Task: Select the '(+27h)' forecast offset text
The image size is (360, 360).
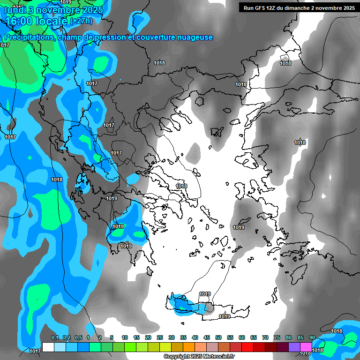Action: (x=81, y=21)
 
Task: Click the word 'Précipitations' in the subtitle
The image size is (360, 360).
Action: (x=29, y=37)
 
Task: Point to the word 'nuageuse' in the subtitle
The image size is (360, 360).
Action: (x=195, y=37)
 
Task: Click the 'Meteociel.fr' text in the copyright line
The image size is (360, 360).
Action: (x=218, y=357)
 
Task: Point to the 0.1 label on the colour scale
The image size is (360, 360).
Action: (x=54, y=338)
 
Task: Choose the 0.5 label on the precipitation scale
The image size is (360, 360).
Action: (x=78, y=338)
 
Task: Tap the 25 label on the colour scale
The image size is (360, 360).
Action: (x=160, y=338)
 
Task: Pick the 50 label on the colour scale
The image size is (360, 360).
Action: (x=218, y=338)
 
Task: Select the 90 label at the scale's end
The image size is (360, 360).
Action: (x=312, y=338)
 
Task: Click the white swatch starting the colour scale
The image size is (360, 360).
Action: (x=48, y=347)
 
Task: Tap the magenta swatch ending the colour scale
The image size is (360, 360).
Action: (x=306, y=347)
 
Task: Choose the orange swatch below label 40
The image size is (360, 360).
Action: (x=189, y=347)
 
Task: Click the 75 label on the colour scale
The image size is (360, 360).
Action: (x=277, y=338)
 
